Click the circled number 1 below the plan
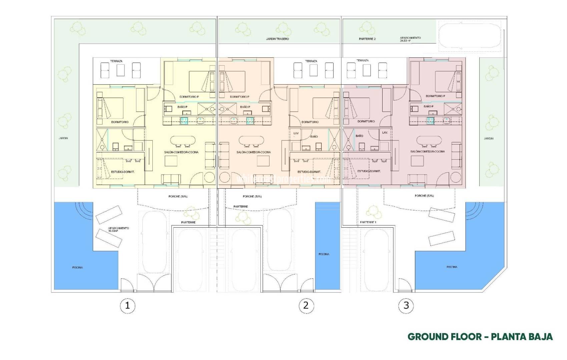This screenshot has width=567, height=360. coord(127,305)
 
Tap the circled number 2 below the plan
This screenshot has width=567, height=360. coord(306,305)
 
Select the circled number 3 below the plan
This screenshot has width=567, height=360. coord(406,305)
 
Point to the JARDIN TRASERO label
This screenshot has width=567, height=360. coord(277,39)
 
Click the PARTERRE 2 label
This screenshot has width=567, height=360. coord(367,39)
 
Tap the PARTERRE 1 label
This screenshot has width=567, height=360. coord(368,222)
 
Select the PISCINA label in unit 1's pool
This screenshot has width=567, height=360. coord(77,267)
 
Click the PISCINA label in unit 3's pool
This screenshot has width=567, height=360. coord(452,267)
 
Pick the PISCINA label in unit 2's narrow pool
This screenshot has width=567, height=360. coord(324,254)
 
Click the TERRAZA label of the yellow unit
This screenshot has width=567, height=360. coord(116,61)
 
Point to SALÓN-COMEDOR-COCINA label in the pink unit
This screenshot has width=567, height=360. coord(427,152)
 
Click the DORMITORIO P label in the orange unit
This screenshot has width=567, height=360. coord(239,97)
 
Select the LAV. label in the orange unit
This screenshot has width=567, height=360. coord(296,133)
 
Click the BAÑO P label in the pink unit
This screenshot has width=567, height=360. coord(429,106)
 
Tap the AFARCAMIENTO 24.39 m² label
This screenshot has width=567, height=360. coord(410,39)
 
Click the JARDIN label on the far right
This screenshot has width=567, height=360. coord(489,138)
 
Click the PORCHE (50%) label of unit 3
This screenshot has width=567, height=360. coord(424,196)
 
